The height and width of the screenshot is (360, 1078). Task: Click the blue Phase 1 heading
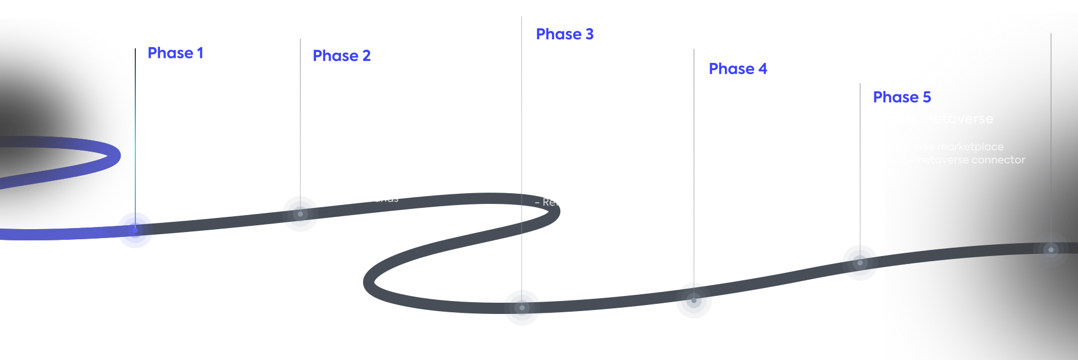[175, 53]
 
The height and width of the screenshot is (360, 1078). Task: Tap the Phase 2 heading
[341, 56]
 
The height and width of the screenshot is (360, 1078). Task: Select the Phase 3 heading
[564, 34]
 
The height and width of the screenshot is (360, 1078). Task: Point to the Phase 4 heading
[738, 69]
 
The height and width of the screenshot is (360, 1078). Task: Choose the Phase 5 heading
[901, 97]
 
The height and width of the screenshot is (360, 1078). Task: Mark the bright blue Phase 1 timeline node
[135, 230]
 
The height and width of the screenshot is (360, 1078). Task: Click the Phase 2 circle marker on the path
[300, 214]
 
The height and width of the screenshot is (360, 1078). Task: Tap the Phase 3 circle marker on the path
[522, 307]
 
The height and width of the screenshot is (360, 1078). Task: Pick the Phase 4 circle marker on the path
[694, 300]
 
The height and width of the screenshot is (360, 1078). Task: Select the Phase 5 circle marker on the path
[860, 263]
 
